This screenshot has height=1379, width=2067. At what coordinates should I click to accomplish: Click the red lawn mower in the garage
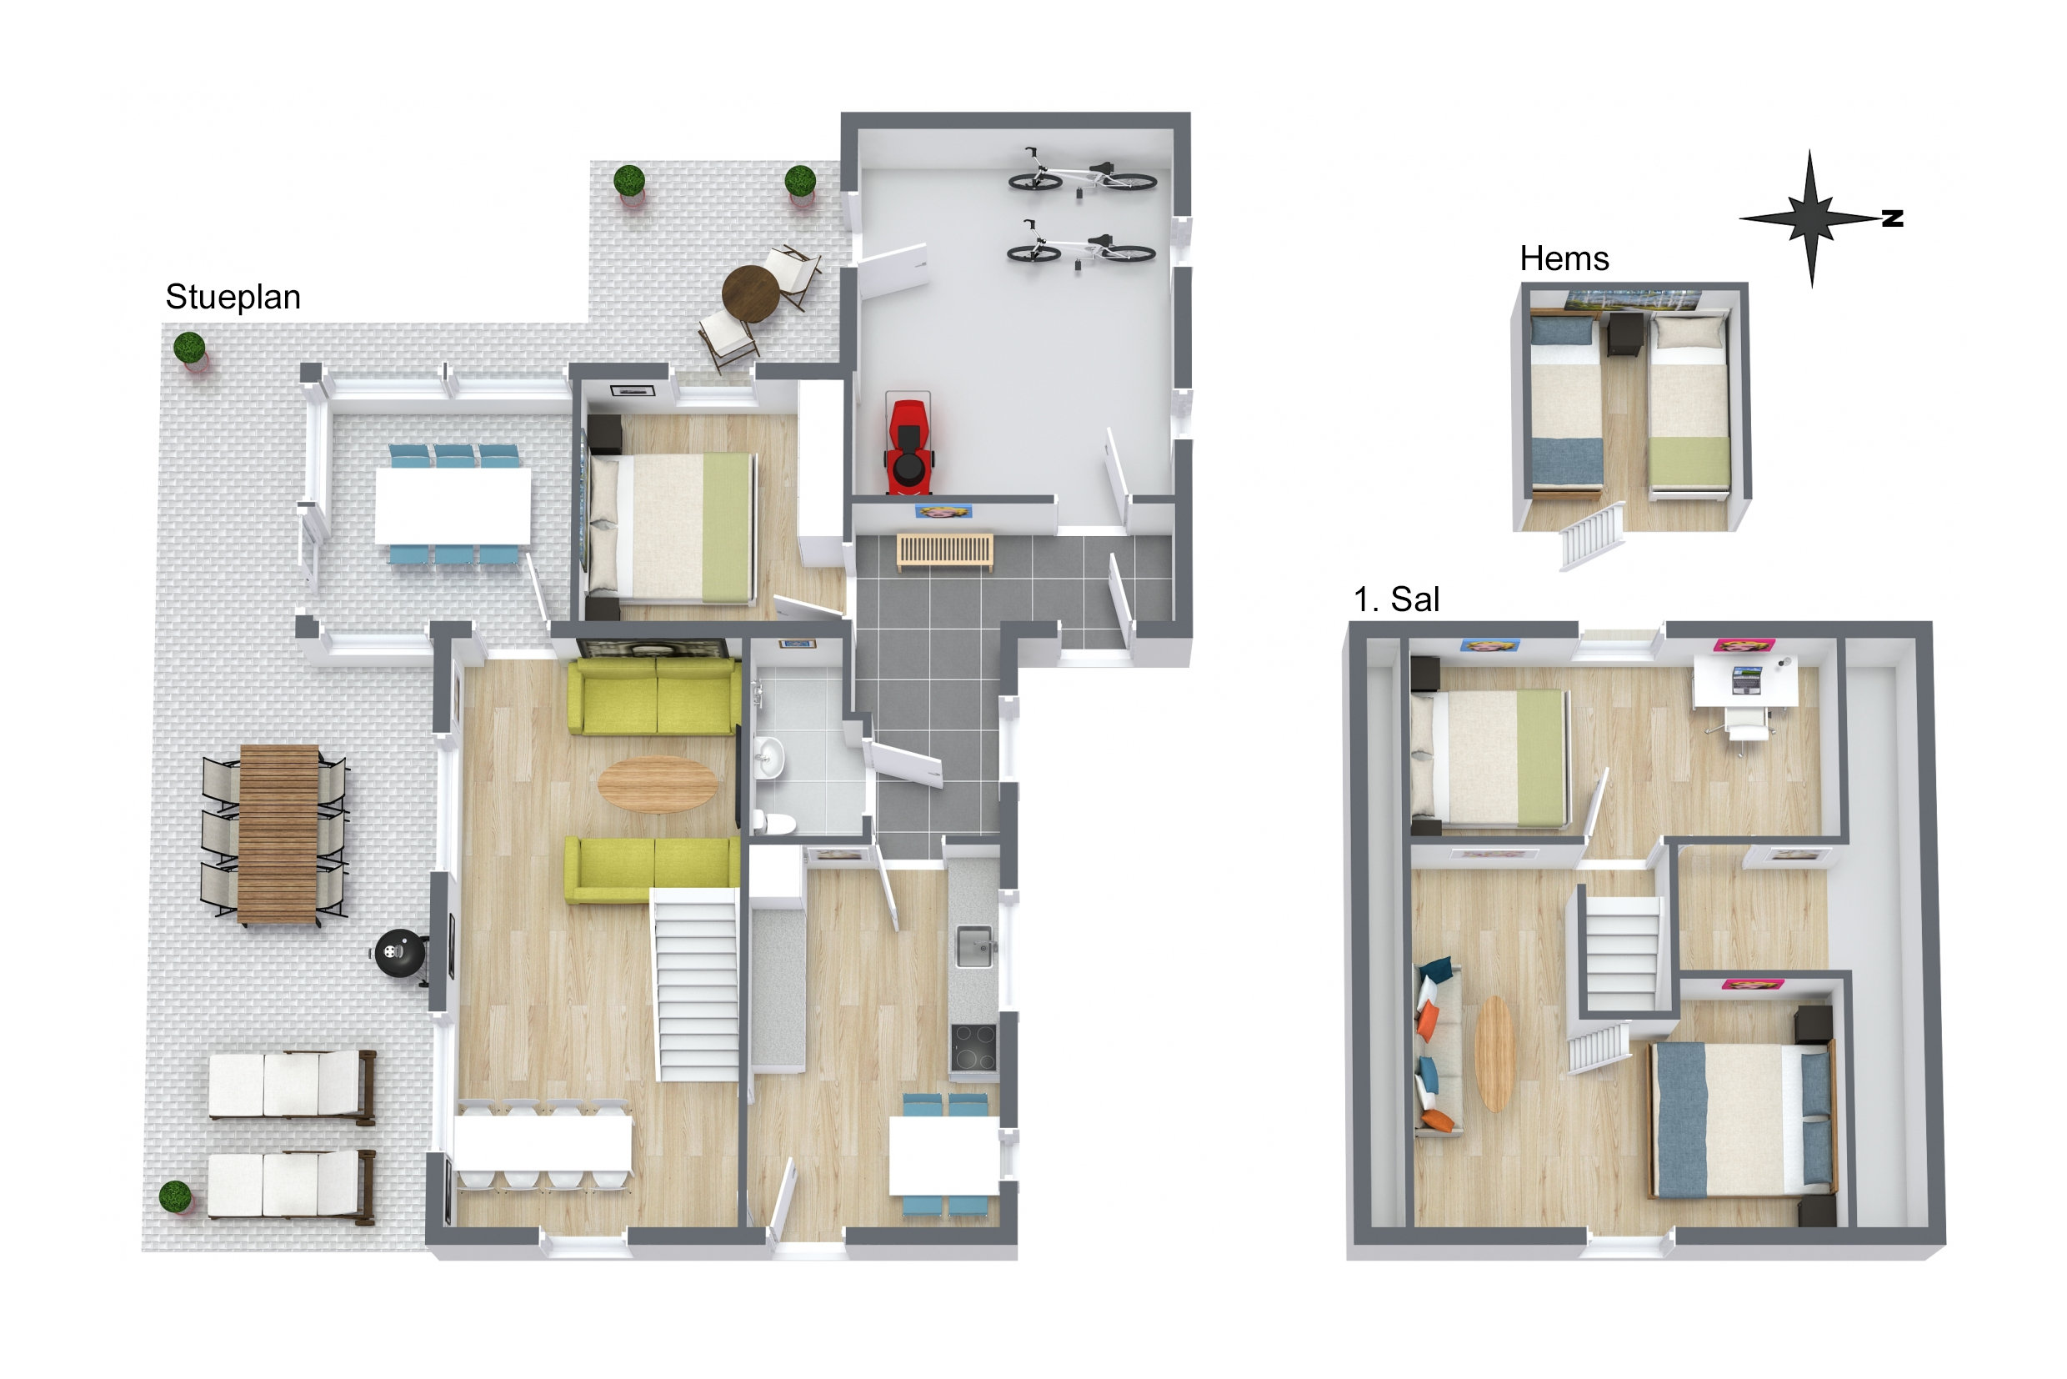coord(908,444)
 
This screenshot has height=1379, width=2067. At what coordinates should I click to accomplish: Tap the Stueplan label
coord(233,298)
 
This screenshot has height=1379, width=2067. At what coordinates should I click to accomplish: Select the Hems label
coord(1564,258)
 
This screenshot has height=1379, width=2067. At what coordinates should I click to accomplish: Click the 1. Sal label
coord(1396,599)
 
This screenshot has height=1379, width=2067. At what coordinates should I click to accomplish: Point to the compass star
coord(1810,218)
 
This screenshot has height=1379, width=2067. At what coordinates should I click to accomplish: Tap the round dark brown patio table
coord(751,293)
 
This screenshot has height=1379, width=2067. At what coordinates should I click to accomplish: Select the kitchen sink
coord(975,947)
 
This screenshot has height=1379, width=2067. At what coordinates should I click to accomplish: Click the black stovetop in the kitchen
coord(973,1048)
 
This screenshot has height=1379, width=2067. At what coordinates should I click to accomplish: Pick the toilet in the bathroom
coord(774,823)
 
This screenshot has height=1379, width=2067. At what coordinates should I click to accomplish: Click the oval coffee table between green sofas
coord(657,784)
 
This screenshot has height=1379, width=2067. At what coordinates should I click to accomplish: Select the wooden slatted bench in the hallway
coord(945,550)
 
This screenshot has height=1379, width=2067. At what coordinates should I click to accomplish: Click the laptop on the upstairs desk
coord(1746,679)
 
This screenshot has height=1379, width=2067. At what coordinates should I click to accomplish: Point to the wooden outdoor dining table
coord(278,834)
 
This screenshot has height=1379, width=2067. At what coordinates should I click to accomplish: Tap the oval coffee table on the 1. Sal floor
coord(1494,1054)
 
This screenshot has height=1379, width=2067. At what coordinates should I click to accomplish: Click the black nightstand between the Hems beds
coord(1624,334)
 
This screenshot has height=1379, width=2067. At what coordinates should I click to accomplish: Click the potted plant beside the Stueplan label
coord(190,349)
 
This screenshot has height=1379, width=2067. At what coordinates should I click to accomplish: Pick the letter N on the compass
coord(1893,219)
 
